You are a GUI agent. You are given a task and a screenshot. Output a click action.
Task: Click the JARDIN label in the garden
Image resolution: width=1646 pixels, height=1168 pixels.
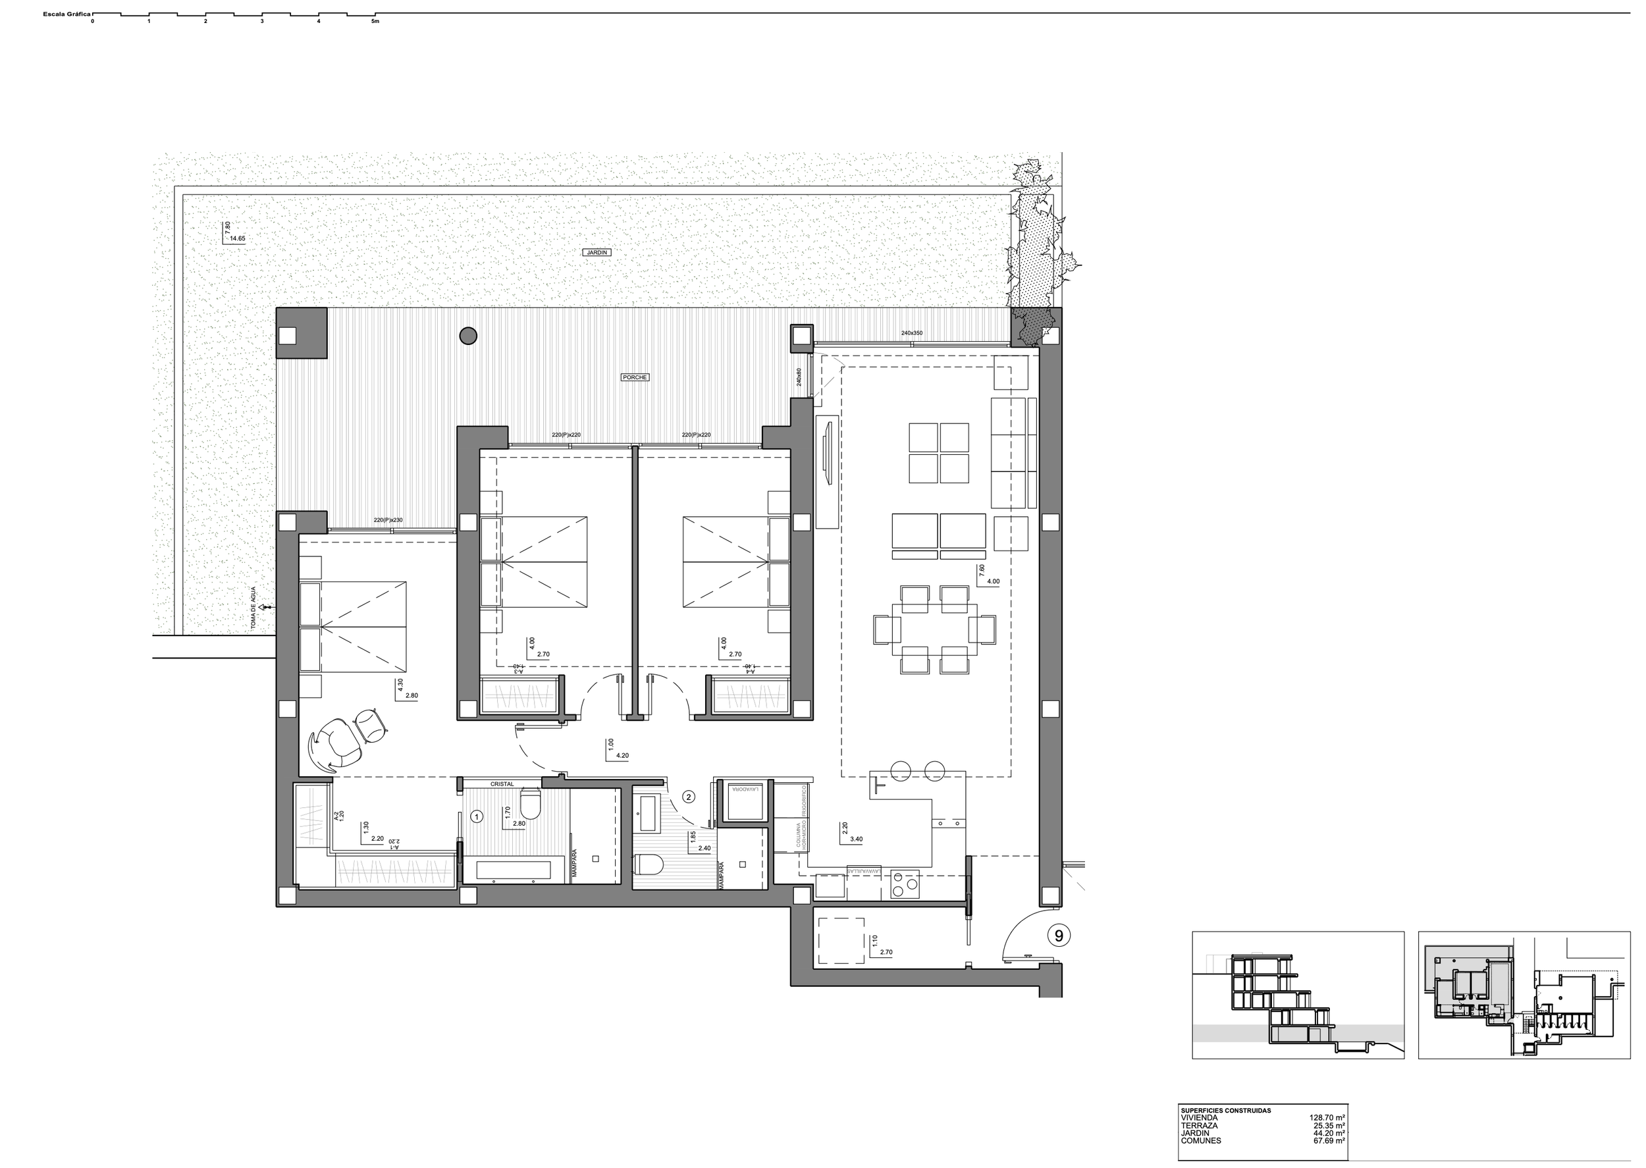point(597,252)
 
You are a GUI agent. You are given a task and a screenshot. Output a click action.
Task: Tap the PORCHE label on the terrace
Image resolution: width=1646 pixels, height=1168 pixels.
point(635,377)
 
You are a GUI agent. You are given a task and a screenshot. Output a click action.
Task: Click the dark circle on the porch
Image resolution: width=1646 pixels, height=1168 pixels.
point(467,335)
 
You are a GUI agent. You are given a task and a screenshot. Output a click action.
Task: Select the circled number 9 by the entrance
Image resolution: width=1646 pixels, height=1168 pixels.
point(1059,936)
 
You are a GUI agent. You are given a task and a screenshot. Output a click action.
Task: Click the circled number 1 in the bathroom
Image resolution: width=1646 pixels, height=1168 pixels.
point(476,816)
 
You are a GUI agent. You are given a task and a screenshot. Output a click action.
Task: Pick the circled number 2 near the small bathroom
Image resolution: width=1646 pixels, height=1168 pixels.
point(688,796)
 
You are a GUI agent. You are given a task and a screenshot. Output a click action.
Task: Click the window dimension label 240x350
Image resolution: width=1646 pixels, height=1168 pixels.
point(911,333)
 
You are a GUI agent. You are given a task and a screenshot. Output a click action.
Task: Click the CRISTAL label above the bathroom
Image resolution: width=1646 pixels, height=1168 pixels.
point(501,784)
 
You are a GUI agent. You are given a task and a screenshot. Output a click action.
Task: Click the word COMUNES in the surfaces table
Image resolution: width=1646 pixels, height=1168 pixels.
point(1200,1140)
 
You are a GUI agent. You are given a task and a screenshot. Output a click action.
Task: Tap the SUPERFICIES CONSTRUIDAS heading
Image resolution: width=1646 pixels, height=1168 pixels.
point(1225,1111)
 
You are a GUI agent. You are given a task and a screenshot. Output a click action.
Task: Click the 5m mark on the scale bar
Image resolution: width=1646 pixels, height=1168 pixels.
point(375,21)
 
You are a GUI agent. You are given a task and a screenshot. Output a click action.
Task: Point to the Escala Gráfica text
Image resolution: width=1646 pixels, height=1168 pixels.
point(66,14)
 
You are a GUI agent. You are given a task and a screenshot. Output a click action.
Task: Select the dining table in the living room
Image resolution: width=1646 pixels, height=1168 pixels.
point(934,629)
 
